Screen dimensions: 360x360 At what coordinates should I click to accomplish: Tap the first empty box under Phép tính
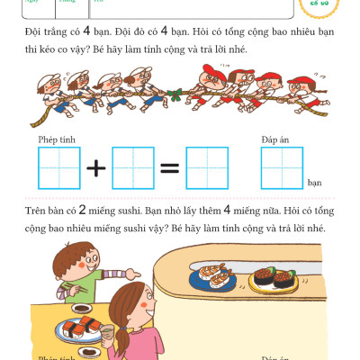pos(59,168)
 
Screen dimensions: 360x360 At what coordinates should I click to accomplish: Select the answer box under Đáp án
pos(281,168)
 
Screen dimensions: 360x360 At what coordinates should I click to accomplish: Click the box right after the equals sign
pos(207,168)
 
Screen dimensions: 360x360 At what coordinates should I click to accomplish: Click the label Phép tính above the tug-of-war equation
pos(56,139)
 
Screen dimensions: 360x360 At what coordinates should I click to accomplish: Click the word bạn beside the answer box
pos(314,183)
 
